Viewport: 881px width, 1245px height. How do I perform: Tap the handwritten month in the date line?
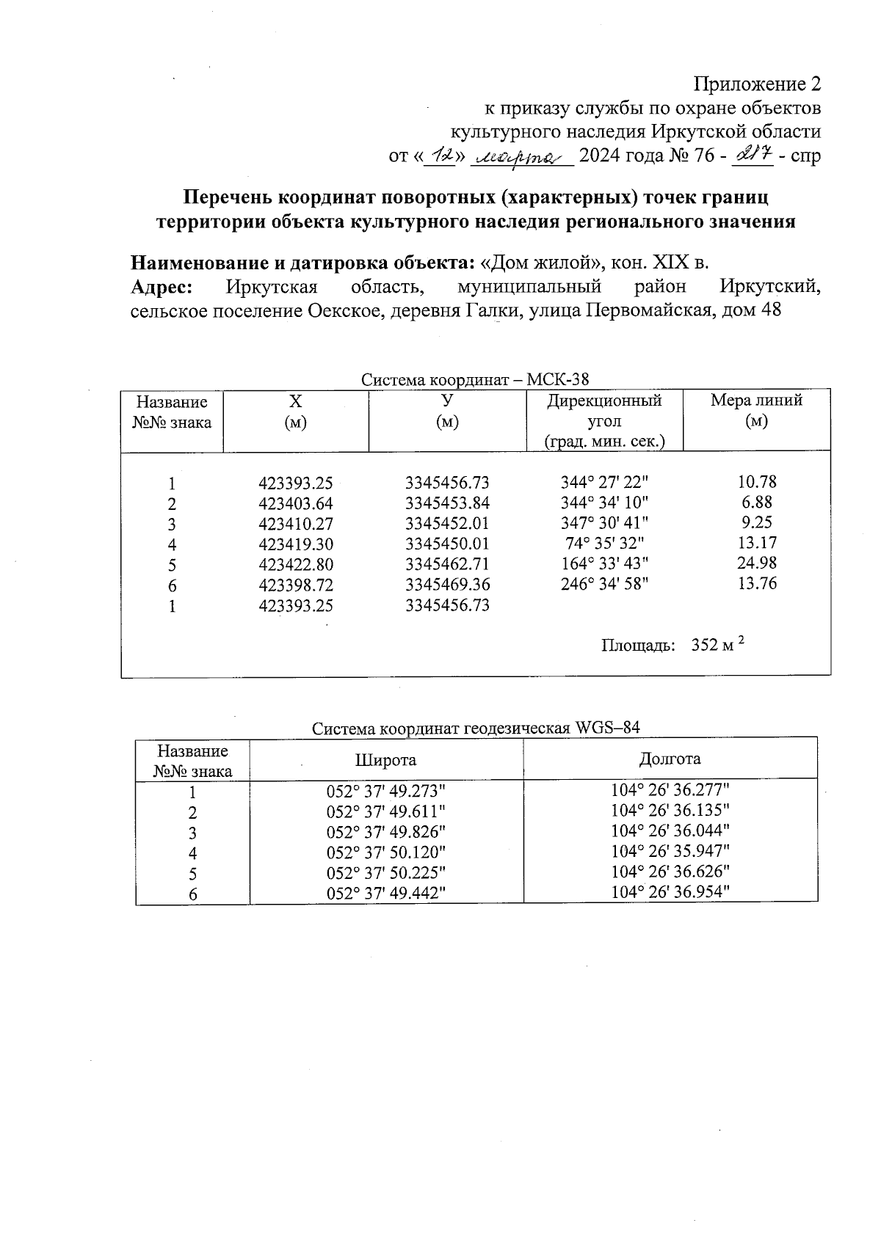[521, 156]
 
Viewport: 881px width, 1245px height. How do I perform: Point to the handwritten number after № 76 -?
[752, 156]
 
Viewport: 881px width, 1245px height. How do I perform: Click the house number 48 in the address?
[771, 310]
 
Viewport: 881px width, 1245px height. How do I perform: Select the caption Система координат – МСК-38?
[475, 379]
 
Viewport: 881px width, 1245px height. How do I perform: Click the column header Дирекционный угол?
[604, 411]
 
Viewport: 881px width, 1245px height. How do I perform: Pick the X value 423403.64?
[296, 504]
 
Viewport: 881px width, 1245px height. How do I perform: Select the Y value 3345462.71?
[447, 565]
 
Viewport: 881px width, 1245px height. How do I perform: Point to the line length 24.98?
[757, 563]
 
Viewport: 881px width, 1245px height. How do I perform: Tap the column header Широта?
[385, 760]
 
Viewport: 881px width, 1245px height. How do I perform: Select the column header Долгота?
[670, 759]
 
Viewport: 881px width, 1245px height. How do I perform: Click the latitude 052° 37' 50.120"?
[386, 852]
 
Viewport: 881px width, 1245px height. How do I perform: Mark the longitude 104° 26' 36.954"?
[670, 891]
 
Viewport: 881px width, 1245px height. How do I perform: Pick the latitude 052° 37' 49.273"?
[386, 792]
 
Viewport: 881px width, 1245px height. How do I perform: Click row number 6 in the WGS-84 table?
[192, 894]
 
